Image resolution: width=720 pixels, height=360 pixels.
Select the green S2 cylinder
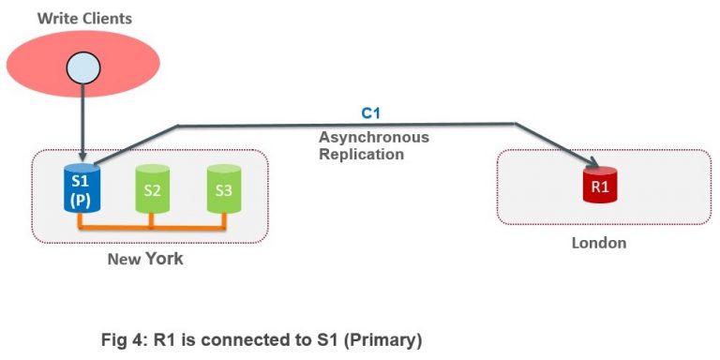coord(151,188)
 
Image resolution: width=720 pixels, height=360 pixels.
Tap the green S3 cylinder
coord(223,188)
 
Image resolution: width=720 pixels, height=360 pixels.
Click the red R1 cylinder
coord(599,187)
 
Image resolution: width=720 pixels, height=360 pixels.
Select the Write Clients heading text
coord(84,18)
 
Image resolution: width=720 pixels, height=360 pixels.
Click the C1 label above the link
coord(372,113)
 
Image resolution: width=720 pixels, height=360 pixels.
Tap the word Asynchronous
coord(374,137)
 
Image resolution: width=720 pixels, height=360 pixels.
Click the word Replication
coord(361,154)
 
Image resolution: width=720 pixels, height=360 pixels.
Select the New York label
coord(146,258)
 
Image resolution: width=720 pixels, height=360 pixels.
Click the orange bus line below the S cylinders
coord(151,227)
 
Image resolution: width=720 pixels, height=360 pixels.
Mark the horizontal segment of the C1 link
coord(347,124)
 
